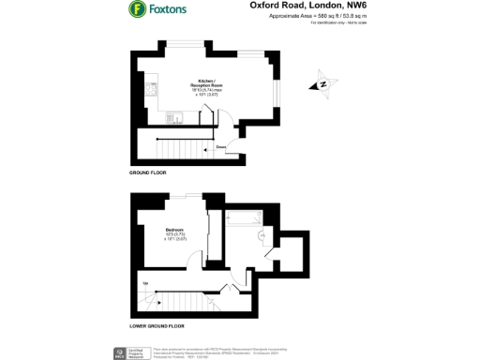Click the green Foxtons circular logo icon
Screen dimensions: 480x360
pyautogui.click(x=136, y=11)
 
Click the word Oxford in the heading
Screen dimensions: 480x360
pyautogui.click(x=265, y=6)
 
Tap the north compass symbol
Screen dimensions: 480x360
pyautogui.click(x=323, y=83)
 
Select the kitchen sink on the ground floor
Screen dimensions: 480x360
pyautogui.click(x=174, y=117)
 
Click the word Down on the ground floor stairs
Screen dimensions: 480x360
pyautogui.click(x=221, y=147)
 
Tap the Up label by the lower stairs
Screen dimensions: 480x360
pyautogui.click(x=144, y=283)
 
